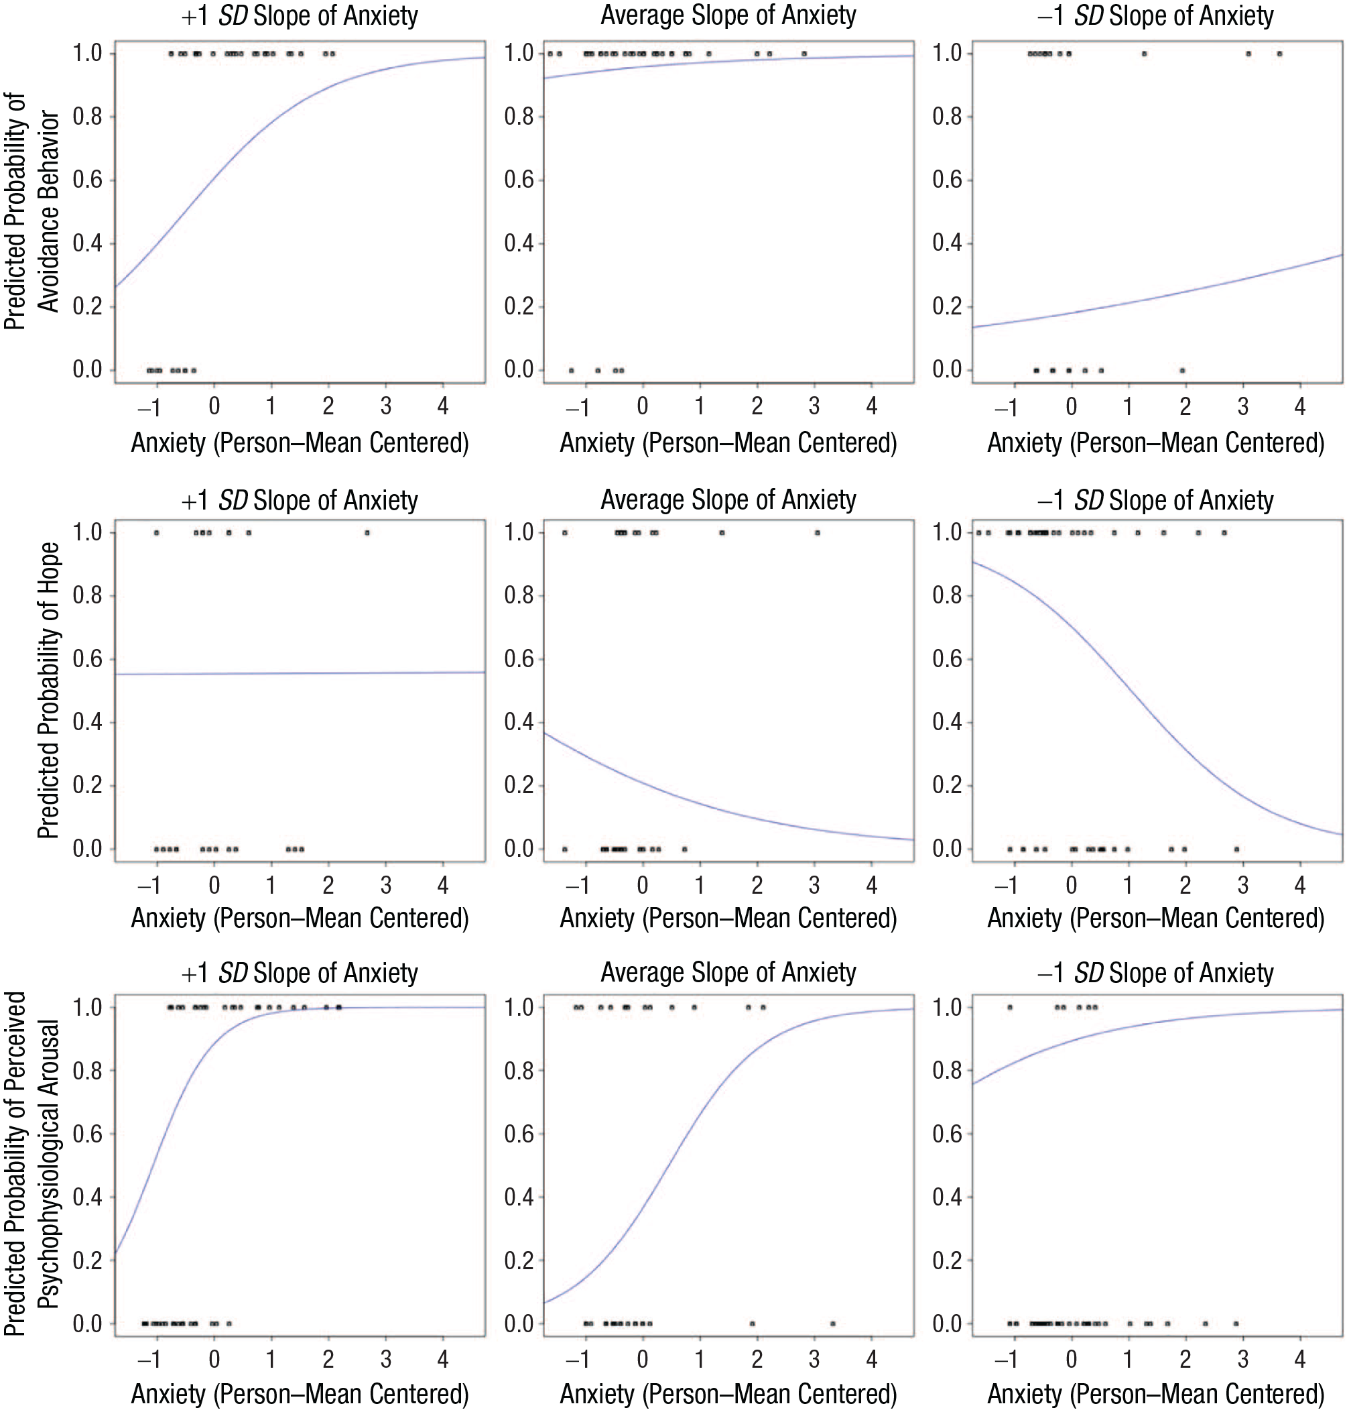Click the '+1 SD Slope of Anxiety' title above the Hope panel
[299, 500]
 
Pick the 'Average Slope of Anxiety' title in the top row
[728, 15]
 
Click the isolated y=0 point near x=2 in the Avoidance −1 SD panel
[1182, 371]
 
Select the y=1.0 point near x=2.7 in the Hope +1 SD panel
[367, 533]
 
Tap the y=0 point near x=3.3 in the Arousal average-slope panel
[833, 1323]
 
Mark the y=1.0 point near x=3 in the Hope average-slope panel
[818, 533]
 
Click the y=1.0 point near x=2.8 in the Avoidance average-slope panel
[804, 54]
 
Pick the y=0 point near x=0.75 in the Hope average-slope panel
[685, 849]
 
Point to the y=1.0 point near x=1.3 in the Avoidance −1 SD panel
[1145, 54]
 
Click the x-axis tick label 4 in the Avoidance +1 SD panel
[443, 406]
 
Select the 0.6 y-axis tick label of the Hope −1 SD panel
[947, 659]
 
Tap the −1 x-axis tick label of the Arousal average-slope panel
[578, 1360]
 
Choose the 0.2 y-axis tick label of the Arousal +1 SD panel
[88, 1260]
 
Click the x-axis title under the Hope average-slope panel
[728, 919]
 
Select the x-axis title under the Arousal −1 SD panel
[1155, 1395]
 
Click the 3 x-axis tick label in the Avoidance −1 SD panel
[1242, 406]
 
